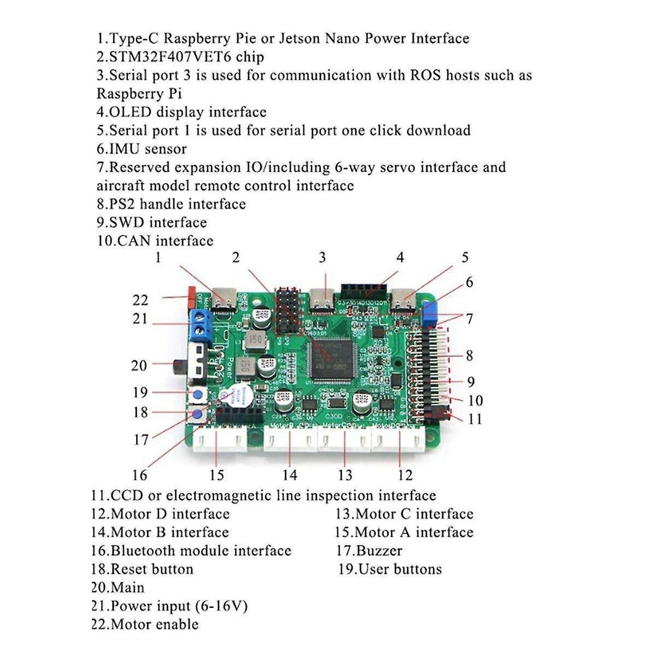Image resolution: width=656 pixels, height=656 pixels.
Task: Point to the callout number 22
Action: (x=140, y=300)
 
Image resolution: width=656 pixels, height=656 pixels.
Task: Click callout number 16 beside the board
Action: (x=140, y=475)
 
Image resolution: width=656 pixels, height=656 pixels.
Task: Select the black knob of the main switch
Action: (x=179, y=365)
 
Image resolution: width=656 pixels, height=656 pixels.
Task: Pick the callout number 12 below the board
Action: (x=405, y=475)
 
